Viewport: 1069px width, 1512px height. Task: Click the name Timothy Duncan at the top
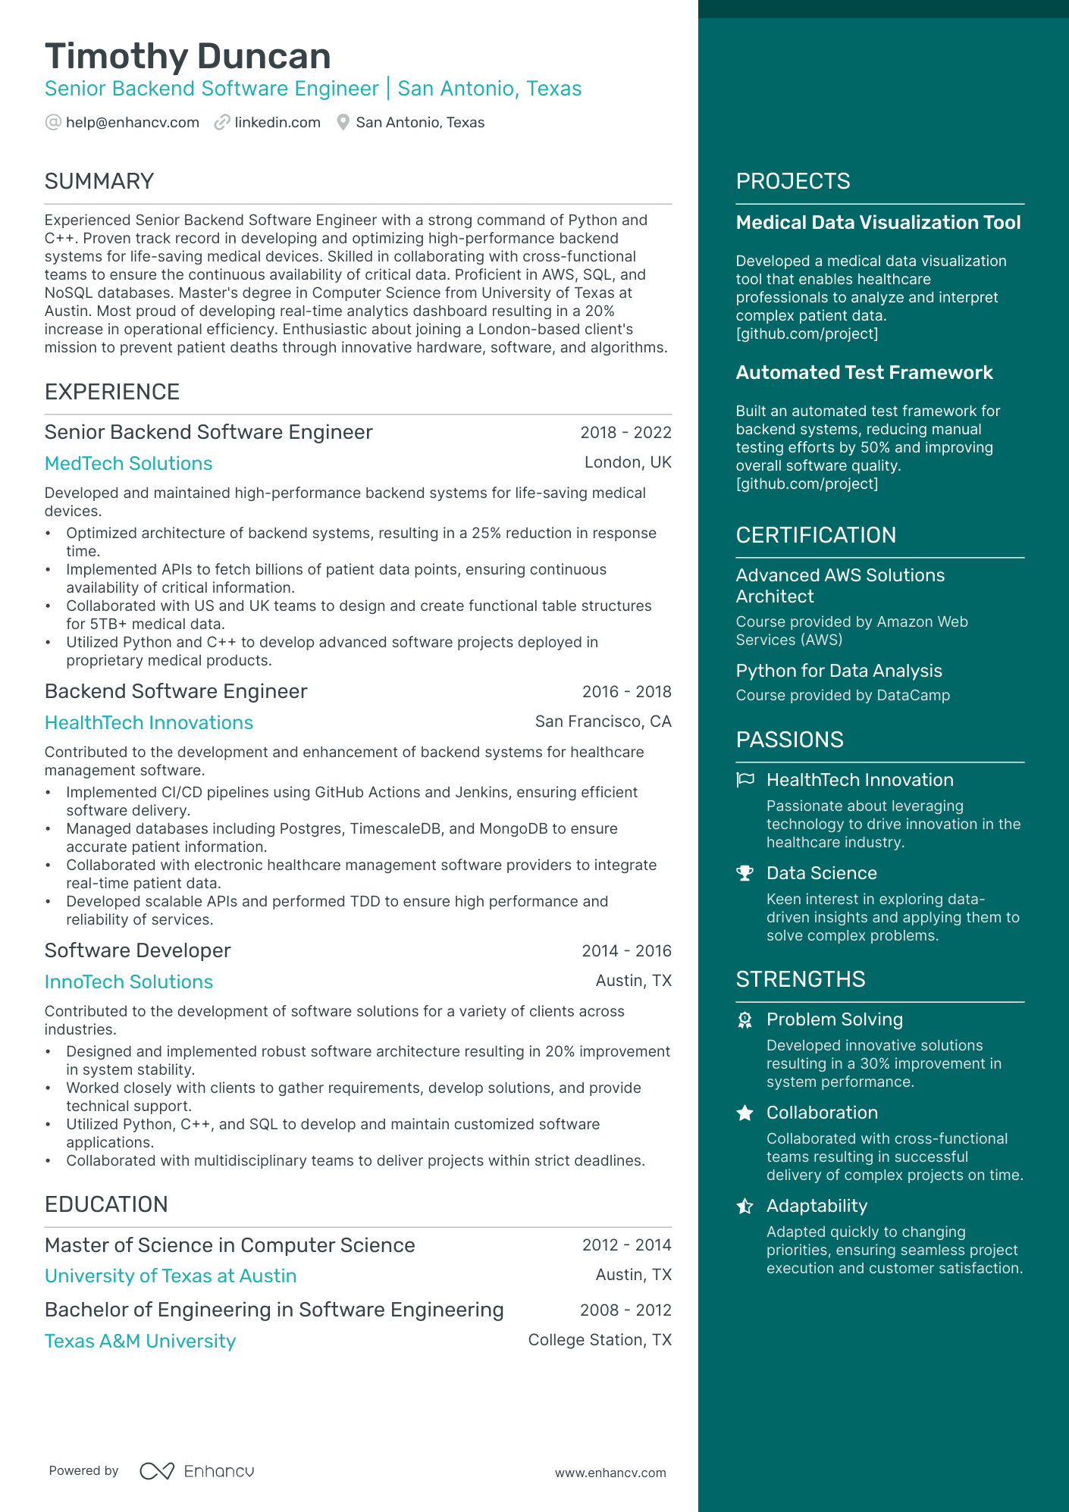(x=188, y=57)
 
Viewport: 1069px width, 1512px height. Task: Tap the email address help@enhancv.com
(x=132, y=123)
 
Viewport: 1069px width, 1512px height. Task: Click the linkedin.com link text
(x=277, y=123)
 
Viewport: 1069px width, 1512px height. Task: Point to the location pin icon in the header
(x=343, y=122)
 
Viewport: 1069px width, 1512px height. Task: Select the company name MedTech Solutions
(x=128, y=463)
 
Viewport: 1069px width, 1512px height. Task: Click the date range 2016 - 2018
(x=626, y=691)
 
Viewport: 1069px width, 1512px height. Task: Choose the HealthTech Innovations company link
(x=149, y=722)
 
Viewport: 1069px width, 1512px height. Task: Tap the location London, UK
(x=628, y=462)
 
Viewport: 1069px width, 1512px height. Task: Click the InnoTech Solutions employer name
(x=128, y=981)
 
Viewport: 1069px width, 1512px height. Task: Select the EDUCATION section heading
(x=106, y=1204)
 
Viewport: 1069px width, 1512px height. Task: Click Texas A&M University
(x=140, y=1341)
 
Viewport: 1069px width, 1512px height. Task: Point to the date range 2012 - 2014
(x=626, y=1244)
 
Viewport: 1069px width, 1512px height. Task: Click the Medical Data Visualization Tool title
(x=878, y=223)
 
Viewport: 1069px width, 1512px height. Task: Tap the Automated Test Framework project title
(x=864, y=373)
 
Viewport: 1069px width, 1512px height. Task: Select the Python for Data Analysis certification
(x=839, y=671)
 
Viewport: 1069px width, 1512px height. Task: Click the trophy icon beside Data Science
(x=745, y=873)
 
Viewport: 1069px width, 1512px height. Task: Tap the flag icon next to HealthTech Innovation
(x=745, y=780)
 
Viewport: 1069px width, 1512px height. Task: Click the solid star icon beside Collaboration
(x=745, y=1113)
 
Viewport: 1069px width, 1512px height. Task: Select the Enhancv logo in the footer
(x=197, y=1471)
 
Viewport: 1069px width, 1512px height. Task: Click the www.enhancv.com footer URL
(x=610, y=1473)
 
